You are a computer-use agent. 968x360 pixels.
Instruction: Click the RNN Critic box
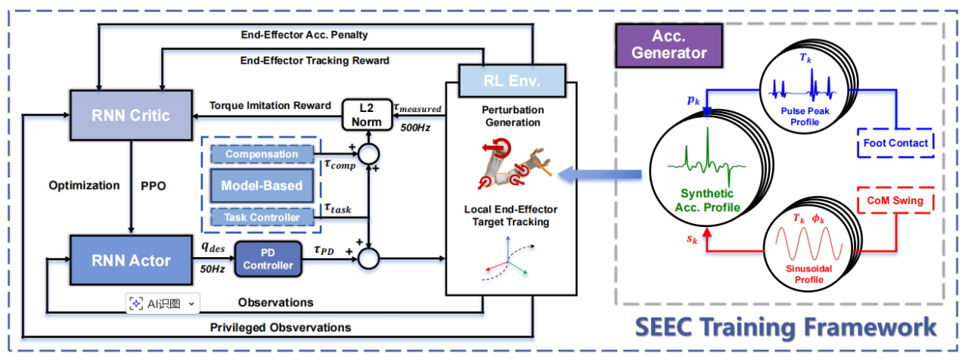(x=121, y=114)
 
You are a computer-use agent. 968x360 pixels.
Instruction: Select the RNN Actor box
(x=121, y=260)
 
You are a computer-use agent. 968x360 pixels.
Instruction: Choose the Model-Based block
(x=262, y=186)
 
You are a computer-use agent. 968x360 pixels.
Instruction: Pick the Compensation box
(x=262, y=154)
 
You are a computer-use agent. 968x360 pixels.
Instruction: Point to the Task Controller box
(x=262, y=217)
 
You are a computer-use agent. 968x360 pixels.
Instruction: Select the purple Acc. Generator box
(x=663, y=45)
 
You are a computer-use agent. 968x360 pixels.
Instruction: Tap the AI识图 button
(x=163, y=303)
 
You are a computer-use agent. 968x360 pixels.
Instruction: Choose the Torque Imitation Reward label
(x=271, y=106)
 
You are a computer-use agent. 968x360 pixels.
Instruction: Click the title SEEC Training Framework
(x=785, y=327)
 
